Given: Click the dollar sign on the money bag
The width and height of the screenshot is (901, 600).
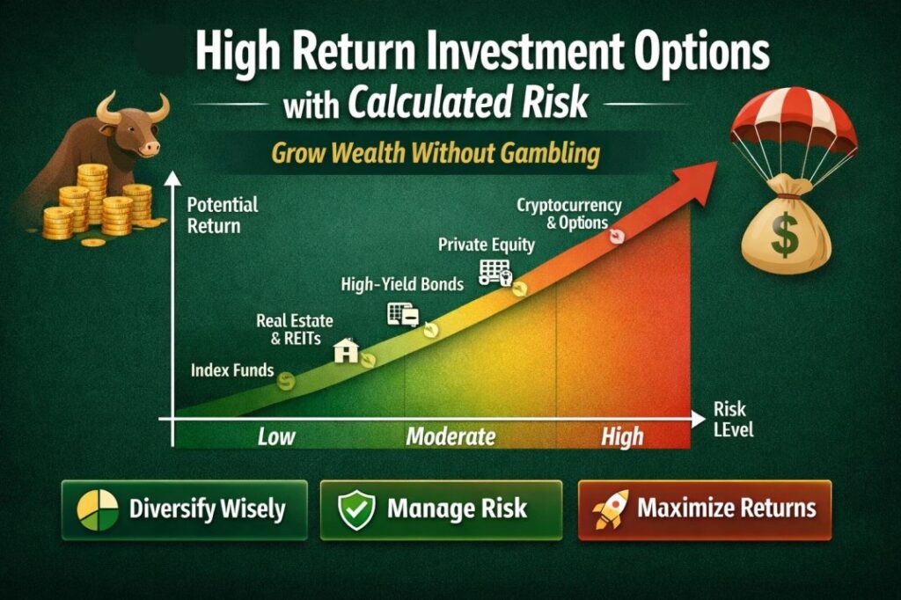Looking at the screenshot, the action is [785, 234].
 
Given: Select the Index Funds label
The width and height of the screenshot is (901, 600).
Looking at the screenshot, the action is [232, 370].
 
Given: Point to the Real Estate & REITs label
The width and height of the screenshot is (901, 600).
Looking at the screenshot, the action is [295, 329].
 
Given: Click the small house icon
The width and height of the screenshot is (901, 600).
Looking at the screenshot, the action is [347, 350].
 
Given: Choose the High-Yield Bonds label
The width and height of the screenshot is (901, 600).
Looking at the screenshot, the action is [402, 284].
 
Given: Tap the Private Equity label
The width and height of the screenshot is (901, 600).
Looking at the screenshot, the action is [486, 245].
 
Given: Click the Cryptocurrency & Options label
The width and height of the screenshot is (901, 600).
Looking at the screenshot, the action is [569, 214].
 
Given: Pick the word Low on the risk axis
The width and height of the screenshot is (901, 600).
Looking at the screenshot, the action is [275, 436].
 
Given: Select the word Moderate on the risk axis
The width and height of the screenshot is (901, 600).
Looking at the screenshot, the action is [450, 436].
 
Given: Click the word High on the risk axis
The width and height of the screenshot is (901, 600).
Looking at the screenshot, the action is [622, 437].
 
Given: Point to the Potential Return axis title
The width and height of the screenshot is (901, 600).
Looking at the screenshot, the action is [223, 216].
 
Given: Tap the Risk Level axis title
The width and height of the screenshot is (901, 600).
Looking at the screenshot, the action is [733, 419].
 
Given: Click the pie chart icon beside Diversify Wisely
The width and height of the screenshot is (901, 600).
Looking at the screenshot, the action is [98, 509].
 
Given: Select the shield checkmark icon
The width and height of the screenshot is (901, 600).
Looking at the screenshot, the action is [356, 509].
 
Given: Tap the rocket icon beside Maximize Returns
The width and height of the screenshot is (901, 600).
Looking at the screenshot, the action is [611, 509].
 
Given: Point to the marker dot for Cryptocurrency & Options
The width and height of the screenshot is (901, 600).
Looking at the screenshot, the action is [617, 236].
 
